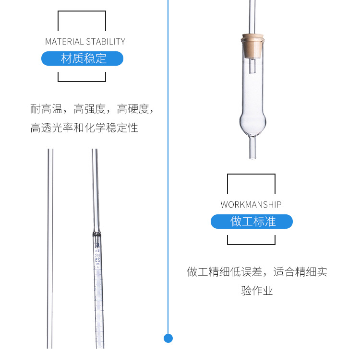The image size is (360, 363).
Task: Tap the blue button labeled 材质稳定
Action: point(83,59)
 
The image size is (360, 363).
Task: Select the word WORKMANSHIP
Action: point(251,205)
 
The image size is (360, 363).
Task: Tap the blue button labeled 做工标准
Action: point(252,222)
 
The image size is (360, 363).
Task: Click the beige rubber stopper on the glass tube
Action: point(252,46)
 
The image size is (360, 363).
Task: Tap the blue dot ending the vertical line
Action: point(168,338)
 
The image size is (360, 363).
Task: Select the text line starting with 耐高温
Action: point(92,109)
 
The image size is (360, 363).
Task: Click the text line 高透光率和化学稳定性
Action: point(84,128)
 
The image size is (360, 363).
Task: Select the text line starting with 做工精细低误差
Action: point(257,272)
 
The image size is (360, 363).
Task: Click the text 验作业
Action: point(257,291)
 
